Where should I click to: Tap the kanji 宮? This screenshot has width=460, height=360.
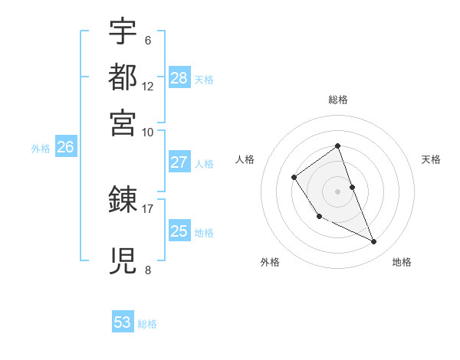coord(123,122)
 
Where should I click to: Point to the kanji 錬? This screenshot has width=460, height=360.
coord(123,201)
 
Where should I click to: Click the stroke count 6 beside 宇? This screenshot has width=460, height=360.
coord(147,40)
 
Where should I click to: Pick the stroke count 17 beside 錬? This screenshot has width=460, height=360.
coord(148,208)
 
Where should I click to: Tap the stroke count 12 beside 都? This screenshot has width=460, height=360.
coord(148,86)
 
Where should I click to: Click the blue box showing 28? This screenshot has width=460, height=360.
coord(179,78)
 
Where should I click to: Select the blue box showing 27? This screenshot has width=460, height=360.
coord(179,162)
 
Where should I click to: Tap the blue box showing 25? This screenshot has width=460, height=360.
coord(179,231)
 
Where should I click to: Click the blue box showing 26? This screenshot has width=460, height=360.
coord(65,148)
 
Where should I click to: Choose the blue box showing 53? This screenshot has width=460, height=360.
coord(123,322)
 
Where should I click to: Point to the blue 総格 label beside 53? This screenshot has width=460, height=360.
coord(147,324)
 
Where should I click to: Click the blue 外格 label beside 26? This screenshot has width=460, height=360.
coord(41,149)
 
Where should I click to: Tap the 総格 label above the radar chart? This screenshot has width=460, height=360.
coord(337,100)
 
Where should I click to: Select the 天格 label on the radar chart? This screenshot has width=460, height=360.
coord(431,159)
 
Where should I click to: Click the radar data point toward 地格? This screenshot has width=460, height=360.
coord(374,242)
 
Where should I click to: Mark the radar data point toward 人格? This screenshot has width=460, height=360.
coord(294,178)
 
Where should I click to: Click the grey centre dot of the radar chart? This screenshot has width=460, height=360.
coord(337,191)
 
